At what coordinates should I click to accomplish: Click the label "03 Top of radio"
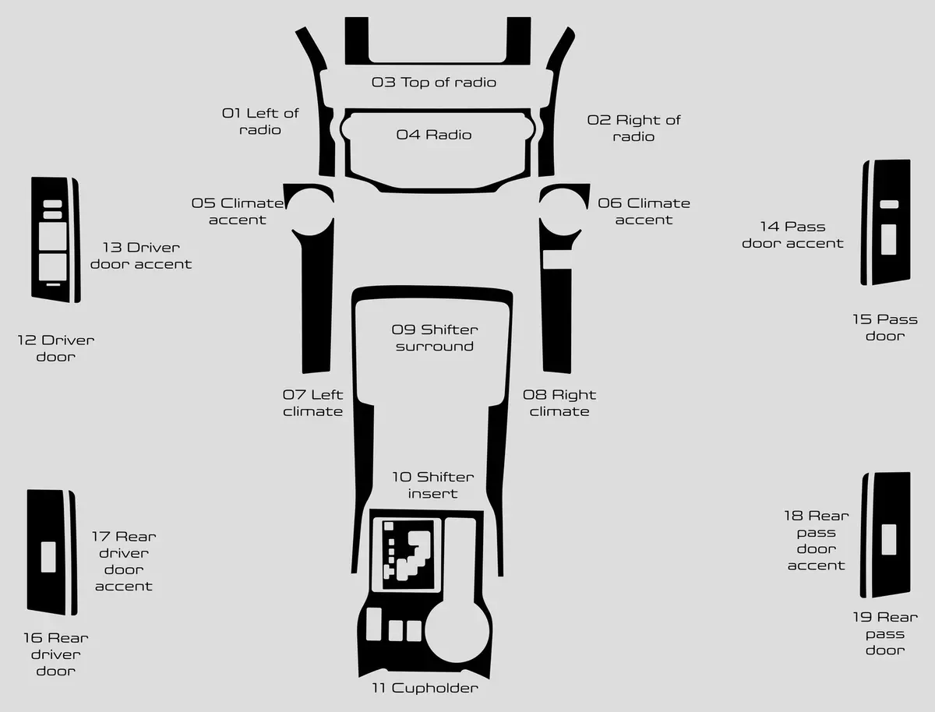coord(434,83)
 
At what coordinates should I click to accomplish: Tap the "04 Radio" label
coord(434,135)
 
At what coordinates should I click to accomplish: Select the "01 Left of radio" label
coord(260,122)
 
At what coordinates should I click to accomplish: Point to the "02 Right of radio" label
coord(633,129)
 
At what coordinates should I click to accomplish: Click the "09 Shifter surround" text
coord(435,337)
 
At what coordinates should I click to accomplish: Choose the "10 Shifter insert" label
coord(432,485)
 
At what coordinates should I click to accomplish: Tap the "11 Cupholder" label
coord(425,688)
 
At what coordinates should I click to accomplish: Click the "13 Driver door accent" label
coord(141,256)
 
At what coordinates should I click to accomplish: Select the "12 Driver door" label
coord(56,348)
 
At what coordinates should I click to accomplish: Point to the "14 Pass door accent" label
coord(792,234)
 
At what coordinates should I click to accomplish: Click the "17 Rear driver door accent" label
coord(124,561)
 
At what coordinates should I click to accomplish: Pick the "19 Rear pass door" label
coord(885,633)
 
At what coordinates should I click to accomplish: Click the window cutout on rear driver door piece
coord(48,557)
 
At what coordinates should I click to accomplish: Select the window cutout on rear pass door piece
coord(888,540)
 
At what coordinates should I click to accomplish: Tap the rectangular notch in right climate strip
coord(557,259)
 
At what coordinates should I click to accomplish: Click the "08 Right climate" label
coord(559,403)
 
